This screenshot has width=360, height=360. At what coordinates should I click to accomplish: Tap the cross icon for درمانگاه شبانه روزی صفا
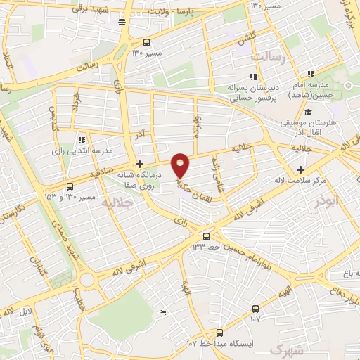[x=140, y=163]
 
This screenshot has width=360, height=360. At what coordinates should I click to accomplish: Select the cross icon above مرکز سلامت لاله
[x=300, y=169]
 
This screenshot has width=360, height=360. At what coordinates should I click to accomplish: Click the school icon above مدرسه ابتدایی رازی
[x=82, y=139]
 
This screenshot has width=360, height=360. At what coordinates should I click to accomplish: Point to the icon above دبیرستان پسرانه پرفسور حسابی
[x=252, y=77]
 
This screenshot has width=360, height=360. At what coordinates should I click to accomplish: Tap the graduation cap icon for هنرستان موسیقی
[x=307, y=111]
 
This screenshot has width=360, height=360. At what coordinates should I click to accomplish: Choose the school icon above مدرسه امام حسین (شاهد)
[x=309, y=74]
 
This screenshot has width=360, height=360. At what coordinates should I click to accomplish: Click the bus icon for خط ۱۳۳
[x=206, y=236]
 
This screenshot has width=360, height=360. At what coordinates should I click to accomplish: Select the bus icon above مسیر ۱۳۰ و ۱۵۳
[x=69, y=186]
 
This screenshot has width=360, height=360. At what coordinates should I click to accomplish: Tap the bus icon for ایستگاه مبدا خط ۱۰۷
[x=219, y=333]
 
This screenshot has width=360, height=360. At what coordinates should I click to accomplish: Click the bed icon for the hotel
[x=163, y=312]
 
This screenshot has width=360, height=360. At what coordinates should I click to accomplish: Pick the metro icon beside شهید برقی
[x=122, y=22]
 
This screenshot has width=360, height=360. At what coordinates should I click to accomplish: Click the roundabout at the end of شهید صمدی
[x=87, y=281]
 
